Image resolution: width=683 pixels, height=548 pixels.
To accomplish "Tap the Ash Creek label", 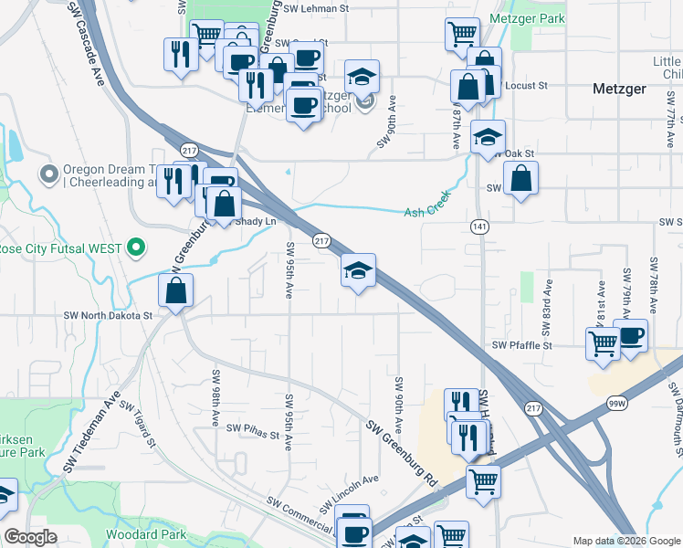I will click(429, 212).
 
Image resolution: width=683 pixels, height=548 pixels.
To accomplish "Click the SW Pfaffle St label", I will click(522, 345).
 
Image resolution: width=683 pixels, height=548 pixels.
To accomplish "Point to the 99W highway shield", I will click(618, 401).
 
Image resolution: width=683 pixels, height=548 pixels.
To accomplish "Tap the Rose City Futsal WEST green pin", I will click(136, 247).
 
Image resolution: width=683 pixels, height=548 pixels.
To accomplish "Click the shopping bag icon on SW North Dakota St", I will click(175, 292).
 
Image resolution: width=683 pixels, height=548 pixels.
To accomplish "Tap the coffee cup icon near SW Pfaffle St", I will click(631, 336).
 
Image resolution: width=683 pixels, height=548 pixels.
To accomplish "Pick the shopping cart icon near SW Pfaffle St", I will click(603, 346).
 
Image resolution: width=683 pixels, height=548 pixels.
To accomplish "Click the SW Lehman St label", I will click(317, 7).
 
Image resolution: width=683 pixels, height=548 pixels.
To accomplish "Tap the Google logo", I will click(30, 537).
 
